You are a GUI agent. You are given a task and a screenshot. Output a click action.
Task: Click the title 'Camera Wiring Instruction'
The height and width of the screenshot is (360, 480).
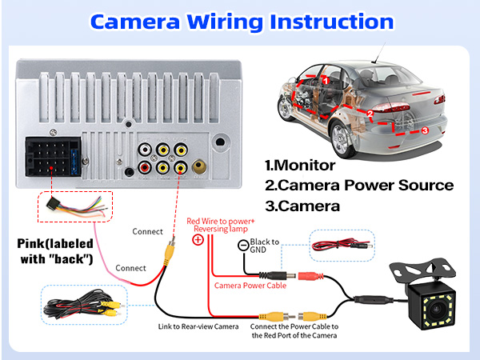point(240,22)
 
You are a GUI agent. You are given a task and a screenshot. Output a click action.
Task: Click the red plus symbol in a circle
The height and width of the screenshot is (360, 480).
point(198,239)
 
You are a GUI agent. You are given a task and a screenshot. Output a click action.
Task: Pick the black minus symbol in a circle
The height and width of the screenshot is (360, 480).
point(243,246)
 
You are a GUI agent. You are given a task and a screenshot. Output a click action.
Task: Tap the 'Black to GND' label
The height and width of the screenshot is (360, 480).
point(265,246)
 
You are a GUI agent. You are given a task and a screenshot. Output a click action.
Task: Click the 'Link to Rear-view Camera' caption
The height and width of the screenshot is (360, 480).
point(196,326)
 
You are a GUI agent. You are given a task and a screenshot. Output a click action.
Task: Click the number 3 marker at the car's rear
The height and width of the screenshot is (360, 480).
point(425,130)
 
